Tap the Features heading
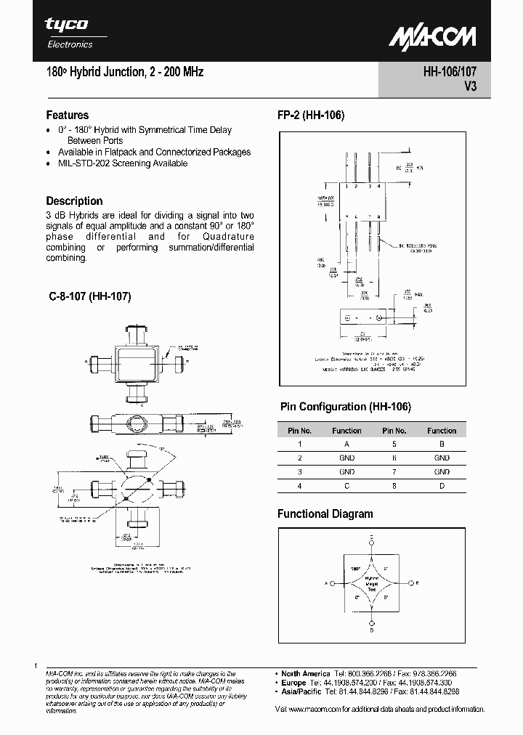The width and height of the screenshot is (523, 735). click(68, 115)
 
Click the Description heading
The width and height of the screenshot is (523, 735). click(74, 201)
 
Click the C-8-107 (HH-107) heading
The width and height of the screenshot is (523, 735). click(89, 296)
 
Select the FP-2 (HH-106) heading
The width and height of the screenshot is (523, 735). click(310, 115)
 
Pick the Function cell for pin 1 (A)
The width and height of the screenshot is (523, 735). click(346, 444)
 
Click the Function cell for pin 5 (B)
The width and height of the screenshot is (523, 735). click(441, 444)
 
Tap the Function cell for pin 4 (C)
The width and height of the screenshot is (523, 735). click(346, 485)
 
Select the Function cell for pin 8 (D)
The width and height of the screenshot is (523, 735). click(441, 485)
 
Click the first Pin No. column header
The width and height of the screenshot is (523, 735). click(299, 431)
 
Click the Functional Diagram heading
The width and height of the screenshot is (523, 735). click(325, 514)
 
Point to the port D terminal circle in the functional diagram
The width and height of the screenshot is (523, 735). click(372, 622)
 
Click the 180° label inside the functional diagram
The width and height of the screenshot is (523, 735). click(356, 569)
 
